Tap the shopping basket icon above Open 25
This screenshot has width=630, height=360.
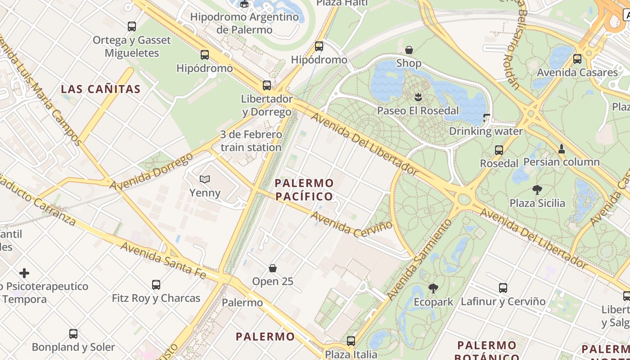273,268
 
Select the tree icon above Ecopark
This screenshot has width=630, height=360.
433,288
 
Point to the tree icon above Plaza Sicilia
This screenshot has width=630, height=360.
537,189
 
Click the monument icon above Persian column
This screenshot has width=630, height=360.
562,148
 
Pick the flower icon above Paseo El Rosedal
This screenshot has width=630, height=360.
418,96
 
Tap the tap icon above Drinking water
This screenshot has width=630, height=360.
486,118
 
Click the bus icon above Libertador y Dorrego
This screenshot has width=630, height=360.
267,85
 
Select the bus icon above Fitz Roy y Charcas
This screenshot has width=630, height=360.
156,284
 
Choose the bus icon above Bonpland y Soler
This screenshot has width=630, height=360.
73,334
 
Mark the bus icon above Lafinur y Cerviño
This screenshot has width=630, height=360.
503,288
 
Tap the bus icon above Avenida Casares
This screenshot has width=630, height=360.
577,59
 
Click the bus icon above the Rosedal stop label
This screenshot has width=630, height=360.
499,150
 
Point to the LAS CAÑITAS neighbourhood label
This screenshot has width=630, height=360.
101,89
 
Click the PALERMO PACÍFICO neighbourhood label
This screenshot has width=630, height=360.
304,189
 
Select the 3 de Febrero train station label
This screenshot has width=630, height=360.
251,141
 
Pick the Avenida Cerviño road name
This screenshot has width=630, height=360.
351,223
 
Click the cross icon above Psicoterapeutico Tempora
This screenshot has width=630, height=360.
24,273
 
